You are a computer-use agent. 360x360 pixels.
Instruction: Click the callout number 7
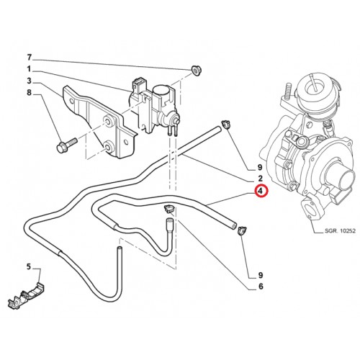click(30, 58)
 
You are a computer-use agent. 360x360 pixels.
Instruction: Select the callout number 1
click(29, 69)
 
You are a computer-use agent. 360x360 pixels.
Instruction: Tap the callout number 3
click(29, 81)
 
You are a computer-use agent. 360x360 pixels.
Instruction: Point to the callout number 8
click(29, 92)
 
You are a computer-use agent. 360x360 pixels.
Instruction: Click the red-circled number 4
click(261, 191)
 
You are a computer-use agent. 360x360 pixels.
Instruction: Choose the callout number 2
click(261, 179)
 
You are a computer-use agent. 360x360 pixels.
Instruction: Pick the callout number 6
click(261, 287)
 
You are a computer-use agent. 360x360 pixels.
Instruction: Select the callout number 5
click(29, 266)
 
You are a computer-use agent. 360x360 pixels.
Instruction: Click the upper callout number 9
click(261, 167)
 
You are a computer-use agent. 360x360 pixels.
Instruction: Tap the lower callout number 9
click(261, 275)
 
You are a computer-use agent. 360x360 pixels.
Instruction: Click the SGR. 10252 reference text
click(340, 231)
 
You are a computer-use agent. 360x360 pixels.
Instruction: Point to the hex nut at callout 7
click(197, 70)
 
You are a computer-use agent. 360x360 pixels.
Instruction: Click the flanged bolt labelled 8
click(67, 145)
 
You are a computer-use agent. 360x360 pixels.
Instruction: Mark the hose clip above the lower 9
click(240, 230)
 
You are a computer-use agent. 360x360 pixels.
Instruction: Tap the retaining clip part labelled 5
click(27, 297)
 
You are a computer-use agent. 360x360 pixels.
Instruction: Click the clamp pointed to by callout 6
click(170, 209)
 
